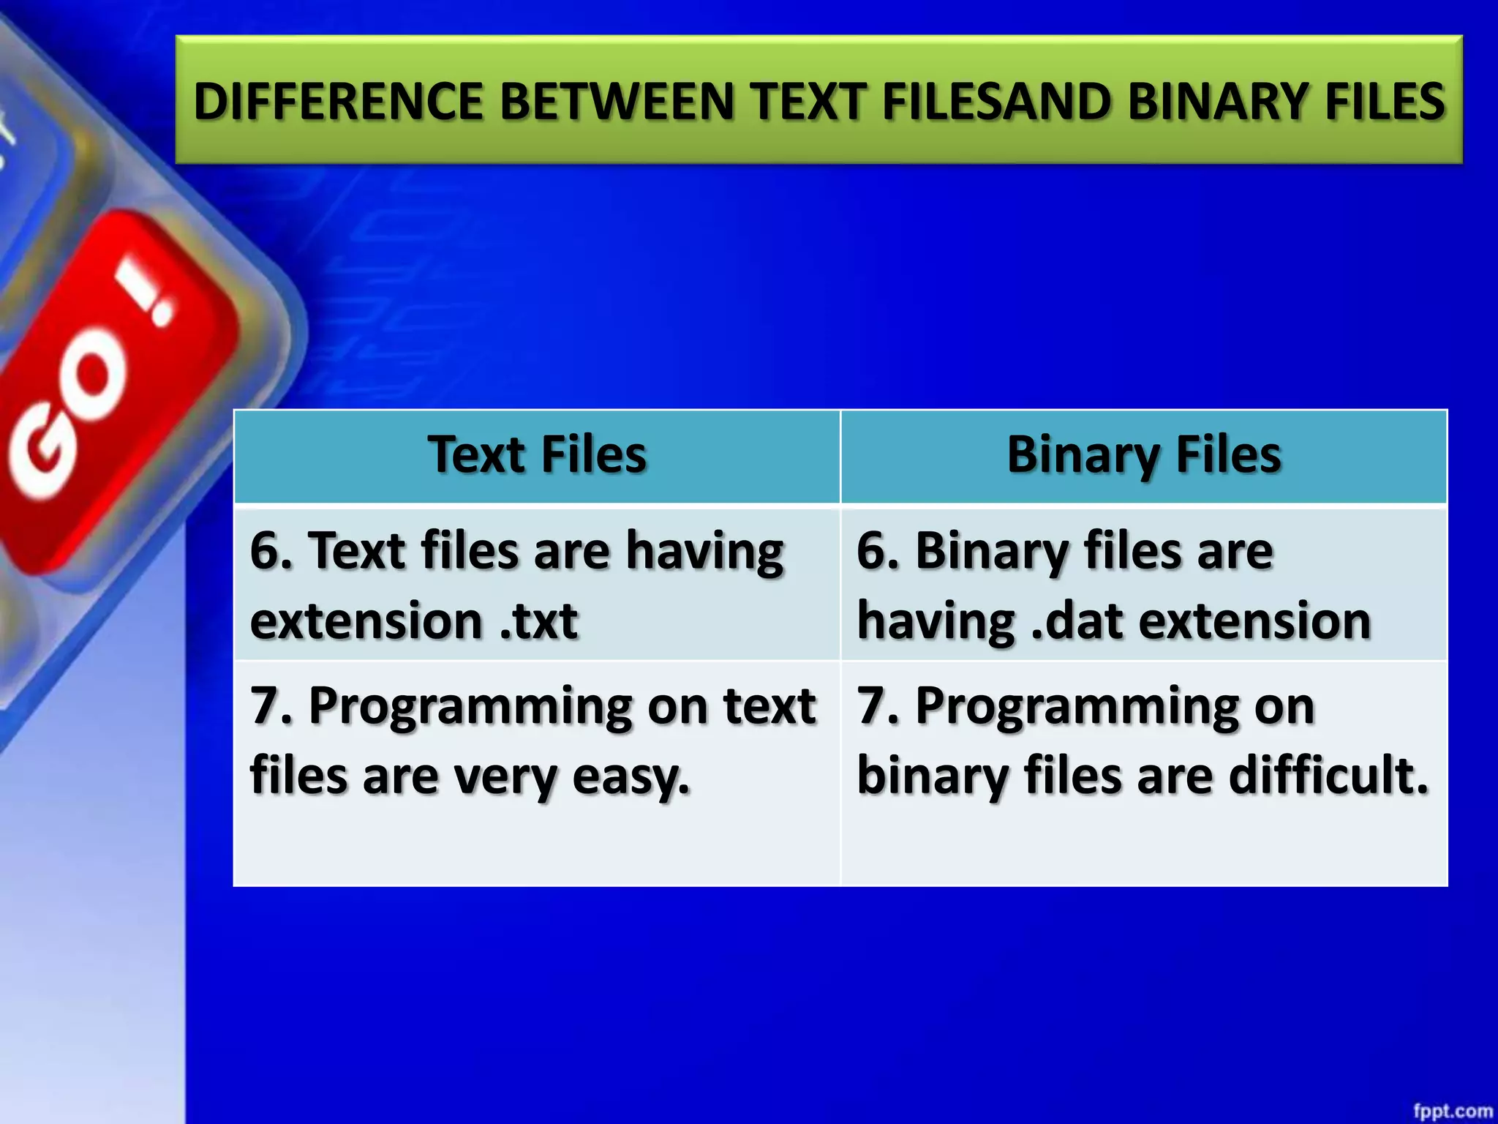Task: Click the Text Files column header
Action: (537, 455)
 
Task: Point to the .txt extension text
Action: (539, 621)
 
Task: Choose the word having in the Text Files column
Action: (705, 552)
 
